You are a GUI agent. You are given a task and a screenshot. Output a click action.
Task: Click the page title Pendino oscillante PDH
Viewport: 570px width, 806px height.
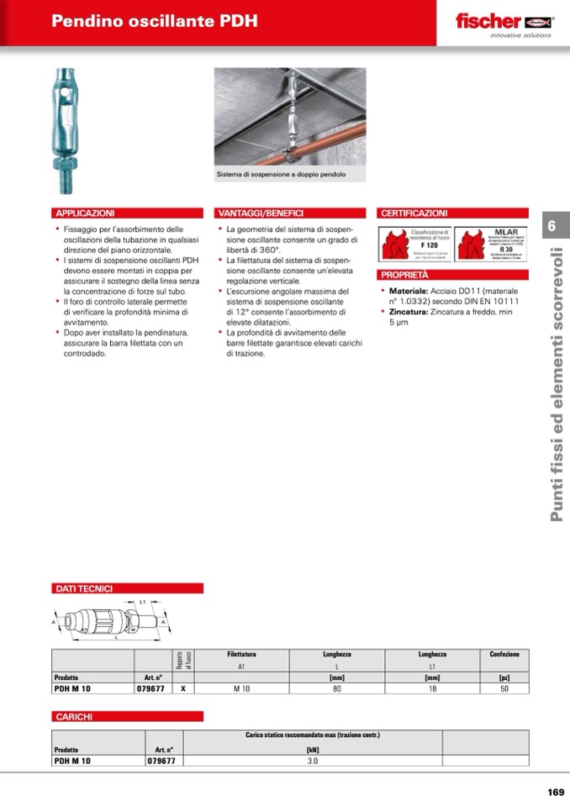155,22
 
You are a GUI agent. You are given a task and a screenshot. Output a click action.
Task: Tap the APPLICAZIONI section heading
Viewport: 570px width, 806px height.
85,213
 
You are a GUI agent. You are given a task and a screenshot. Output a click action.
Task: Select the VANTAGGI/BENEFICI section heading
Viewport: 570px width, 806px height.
261,213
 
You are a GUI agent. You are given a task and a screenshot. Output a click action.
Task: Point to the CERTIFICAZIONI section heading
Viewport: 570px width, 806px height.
414,213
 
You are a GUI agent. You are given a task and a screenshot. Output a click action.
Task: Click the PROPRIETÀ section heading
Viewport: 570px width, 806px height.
404,275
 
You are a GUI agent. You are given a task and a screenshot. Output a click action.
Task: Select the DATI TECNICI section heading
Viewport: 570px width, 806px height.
84,588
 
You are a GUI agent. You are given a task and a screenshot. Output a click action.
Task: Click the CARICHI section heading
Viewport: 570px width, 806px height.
74,716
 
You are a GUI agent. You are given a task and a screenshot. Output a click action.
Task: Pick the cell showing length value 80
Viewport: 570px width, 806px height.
336,688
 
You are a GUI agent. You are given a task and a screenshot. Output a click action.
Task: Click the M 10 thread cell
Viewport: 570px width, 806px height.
241,688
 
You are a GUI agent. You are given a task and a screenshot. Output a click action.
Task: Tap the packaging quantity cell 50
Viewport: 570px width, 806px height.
504,688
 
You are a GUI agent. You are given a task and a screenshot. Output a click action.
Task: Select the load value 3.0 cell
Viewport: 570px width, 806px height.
313,761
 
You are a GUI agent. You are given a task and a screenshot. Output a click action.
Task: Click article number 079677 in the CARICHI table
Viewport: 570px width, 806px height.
161,761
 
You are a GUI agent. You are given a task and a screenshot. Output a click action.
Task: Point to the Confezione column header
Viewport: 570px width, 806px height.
504,654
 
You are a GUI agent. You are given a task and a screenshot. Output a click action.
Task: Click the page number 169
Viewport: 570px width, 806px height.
555,792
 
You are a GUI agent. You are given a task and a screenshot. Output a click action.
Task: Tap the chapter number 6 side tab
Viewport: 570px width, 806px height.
552,226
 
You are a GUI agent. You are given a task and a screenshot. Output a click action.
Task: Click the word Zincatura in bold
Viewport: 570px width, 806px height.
409,311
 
